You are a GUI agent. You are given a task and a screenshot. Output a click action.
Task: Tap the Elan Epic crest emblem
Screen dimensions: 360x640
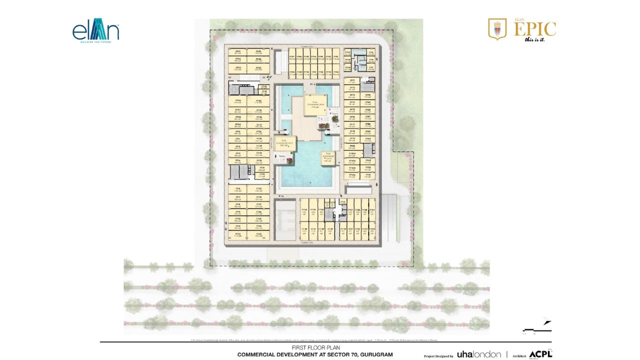tap(497, 29)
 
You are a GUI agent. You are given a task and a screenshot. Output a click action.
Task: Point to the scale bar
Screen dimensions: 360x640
tap(530, 329)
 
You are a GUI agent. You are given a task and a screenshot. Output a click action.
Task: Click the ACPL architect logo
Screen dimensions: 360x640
tap(540, 354)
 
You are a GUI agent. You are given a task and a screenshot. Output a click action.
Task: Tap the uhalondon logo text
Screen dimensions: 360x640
tap(479, 354)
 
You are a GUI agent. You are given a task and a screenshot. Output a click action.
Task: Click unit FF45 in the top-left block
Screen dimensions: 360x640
tap(258, 52)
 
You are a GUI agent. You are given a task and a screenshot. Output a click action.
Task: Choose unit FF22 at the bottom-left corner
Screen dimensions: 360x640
tap(238, 234)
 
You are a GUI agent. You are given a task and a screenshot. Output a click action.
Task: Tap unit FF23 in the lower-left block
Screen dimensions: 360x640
tap(258, 189)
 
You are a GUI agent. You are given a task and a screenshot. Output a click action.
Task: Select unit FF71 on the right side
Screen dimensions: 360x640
tap(352, 81)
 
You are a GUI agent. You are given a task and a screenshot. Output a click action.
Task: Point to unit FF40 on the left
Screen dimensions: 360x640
tap(258, 102)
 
